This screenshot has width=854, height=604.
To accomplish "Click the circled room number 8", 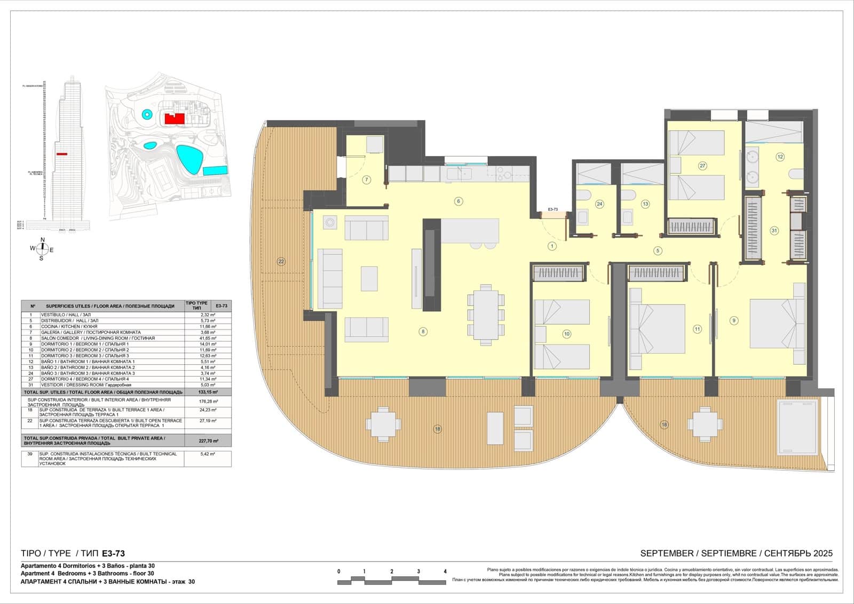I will tap(423, 332).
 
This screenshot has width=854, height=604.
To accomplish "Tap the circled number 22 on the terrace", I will tap(281, 262).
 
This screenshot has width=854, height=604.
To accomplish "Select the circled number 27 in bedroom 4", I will tap(702, 166).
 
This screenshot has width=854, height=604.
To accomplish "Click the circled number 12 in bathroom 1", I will tap(780, 157).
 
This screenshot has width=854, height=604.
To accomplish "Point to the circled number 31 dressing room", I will tap(774, 231).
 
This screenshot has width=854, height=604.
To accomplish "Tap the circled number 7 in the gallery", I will tap(367, 180).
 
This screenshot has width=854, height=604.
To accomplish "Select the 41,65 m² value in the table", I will tap(208, 338).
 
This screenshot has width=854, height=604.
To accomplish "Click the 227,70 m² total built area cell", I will tap(208, 441).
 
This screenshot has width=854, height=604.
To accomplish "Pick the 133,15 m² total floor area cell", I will tap(208, 391).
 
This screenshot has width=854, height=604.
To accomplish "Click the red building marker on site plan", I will tap(174, 119).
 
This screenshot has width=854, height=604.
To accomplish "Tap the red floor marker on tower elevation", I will tap(62, 154).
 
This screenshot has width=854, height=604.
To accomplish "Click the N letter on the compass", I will tap(43, 239).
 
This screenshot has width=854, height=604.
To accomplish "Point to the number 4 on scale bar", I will tap(445, 571).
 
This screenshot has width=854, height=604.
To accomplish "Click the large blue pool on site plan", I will tap(189, 159).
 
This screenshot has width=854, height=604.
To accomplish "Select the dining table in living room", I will tap(485, 315).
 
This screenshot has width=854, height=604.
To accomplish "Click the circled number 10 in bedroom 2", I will tap(566, 334).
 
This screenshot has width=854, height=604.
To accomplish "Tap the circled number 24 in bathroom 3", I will tap(599, 204).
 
